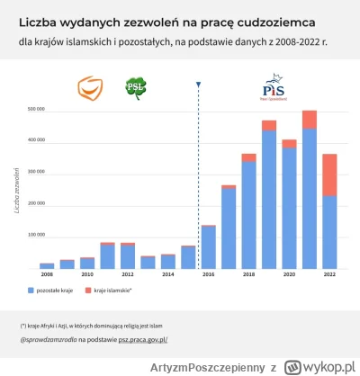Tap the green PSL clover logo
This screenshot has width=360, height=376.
click(136, 88)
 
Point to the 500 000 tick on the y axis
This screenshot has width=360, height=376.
click(35, 109)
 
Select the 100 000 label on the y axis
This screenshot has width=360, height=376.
click(35, 236)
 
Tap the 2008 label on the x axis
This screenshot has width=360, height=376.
click(47, 273)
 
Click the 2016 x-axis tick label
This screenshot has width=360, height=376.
click(208, 273)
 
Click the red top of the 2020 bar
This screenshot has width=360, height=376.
click(289, 143)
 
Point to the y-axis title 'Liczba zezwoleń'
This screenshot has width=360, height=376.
click(17, 189)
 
